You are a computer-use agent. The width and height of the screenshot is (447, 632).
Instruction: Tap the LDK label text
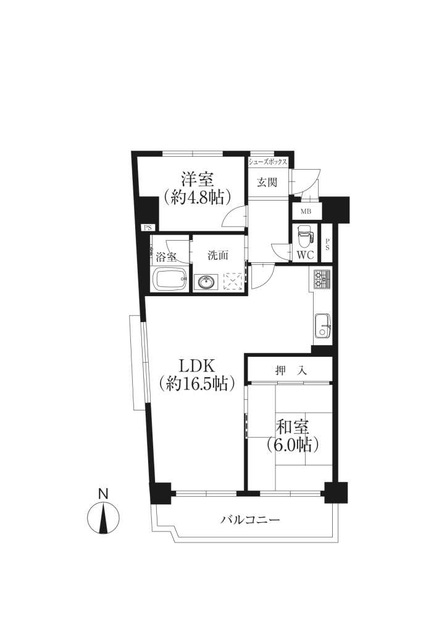198,365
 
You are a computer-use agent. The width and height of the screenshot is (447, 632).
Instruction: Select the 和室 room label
293,426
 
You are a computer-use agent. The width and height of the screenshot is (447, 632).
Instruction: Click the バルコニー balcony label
250,520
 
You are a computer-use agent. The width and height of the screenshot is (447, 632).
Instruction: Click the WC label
305,256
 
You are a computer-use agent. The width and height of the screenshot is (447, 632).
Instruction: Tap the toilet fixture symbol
305,238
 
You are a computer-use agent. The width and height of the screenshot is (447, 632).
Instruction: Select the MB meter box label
306,211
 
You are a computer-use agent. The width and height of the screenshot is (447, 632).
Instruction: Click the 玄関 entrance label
267,182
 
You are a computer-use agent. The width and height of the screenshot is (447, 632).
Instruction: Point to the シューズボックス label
267,162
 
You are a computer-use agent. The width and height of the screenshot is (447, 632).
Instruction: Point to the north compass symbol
104,517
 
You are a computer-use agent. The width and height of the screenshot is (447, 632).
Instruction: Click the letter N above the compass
104,494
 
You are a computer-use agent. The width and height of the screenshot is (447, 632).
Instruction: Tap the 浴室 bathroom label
166,256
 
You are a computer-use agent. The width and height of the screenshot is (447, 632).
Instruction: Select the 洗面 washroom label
218,255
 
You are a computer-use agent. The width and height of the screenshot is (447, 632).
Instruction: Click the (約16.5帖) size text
197,383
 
